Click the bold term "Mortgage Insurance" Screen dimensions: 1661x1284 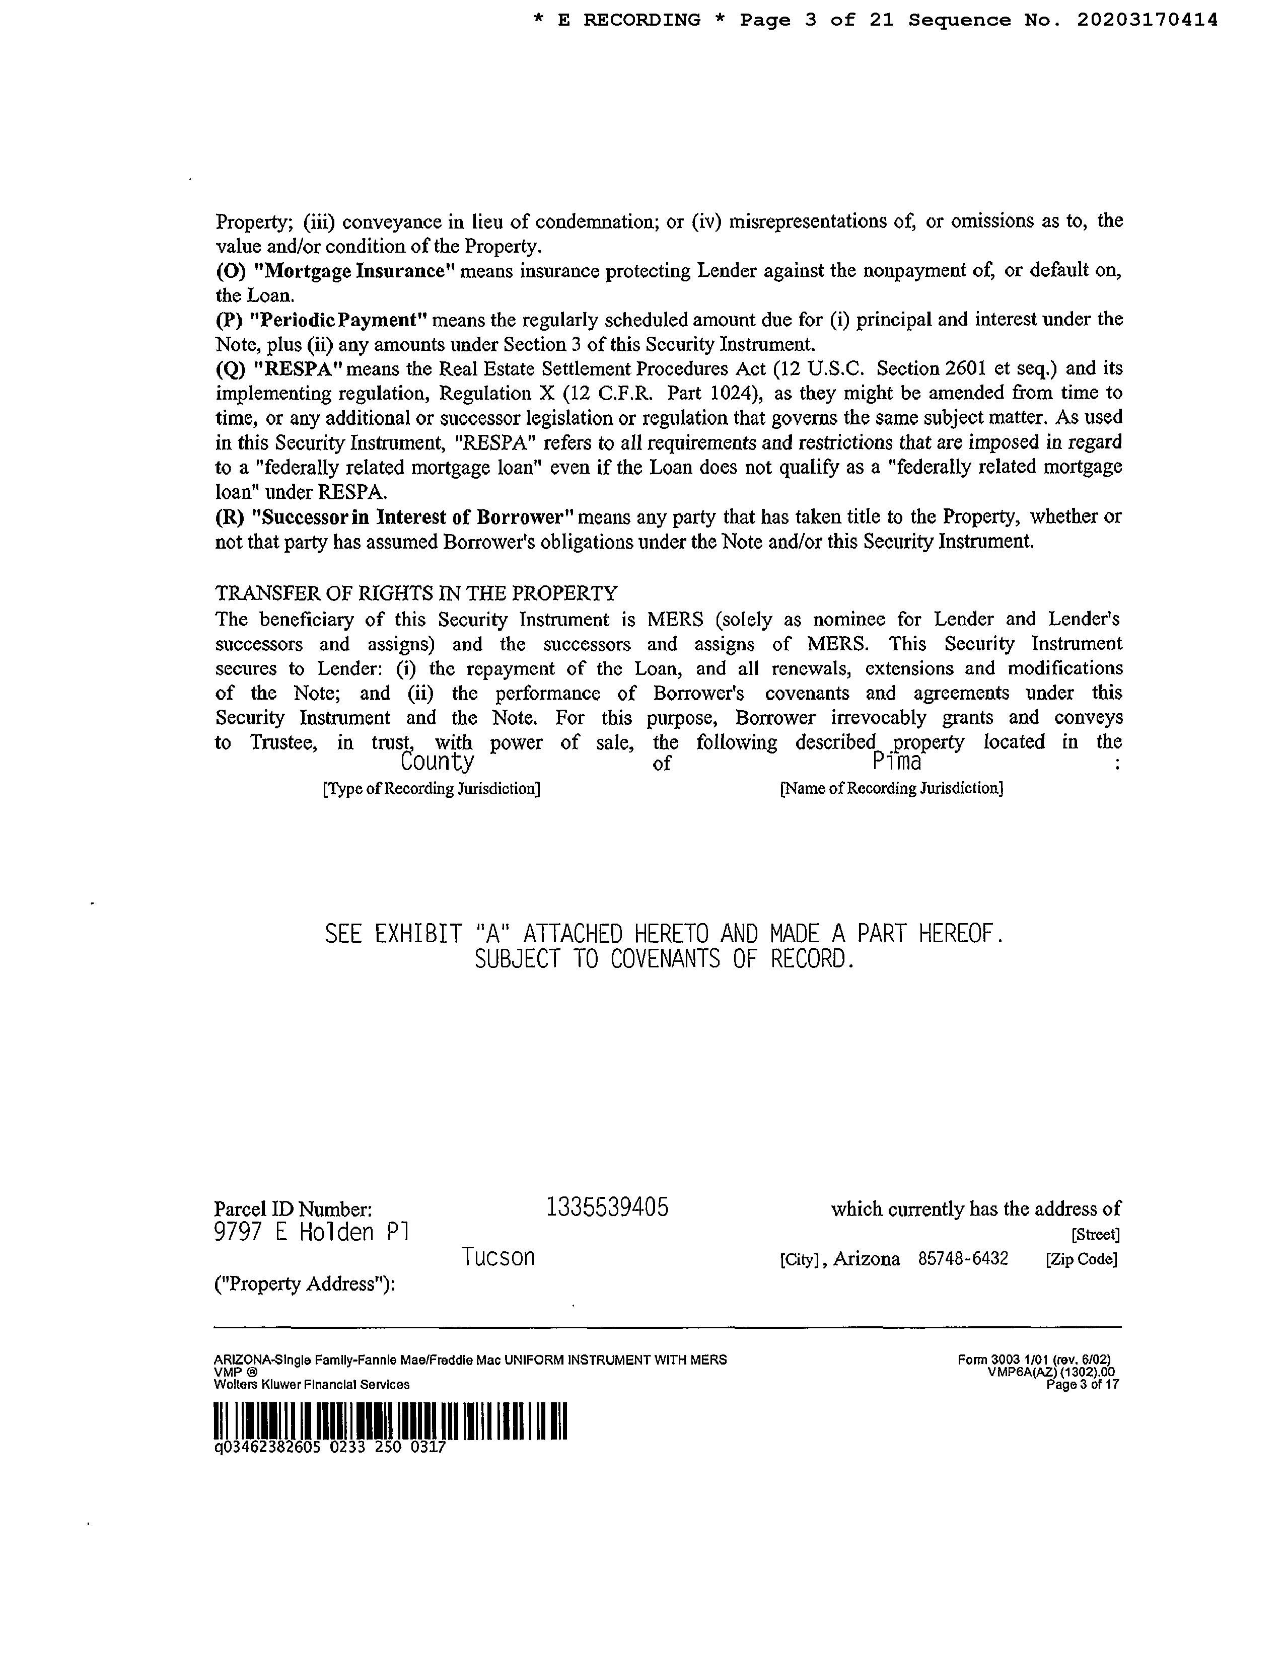coord(352,271)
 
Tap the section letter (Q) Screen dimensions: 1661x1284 coord(231,369)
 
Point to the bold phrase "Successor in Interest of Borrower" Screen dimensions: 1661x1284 coord(414,517)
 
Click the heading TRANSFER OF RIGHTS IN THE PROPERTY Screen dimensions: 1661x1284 coord(416,593)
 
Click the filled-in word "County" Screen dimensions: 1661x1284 coord(437,761)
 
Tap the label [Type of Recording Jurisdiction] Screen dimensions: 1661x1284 coord(432,789)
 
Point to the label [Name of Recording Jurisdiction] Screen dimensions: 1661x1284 coord(891,789)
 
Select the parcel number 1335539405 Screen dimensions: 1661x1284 coord(608,1207)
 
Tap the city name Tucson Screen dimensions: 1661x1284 coord(497,1257)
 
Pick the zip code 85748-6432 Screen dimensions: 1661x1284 coord(963,1259)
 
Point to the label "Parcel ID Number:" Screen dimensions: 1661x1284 coord(293,1209)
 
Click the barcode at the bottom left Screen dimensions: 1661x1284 coord(391,1421)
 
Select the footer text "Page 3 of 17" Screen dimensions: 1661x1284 coord(1083,1385)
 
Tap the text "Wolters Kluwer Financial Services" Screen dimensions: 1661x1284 coord(312,1385)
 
